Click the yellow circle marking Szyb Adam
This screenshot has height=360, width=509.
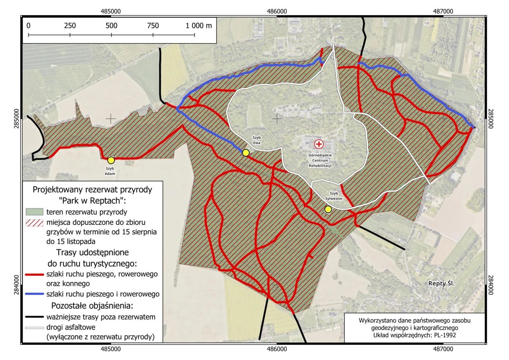click(111, 160)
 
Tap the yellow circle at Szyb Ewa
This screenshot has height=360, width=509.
click(245, 153)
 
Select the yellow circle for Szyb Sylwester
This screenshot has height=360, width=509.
click(328, 209)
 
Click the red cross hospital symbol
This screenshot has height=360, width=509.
click(319, 144)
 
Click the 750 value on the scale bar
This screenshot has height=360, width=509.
click(153, 25)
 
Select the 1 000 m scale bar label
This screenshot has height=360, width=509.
click(198, 25)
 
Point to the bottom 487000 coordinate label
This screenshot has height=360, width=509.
click(443, 349)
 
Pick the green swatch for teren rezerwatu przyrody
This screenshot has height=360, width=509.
click(34, 212)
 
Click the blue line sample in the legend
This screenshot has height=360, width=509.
click(34, 294)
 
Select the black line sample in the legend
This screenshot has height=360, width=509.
click(34, 317)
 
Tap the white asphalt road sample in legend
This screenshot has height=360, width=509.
click(34, 328)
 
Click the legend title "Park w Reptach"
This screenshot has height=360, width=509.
click(92, 200)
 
